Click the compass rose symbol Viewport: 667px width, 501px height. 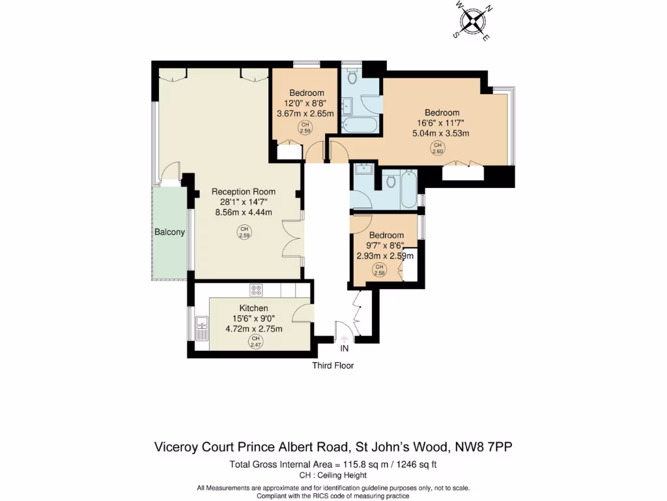(473, 21)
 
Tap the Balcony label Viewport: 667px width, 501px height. (169, 232)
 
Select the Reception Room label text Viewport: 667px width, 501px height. (244, 192)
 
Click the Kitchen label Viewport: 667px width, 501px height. (253, 308)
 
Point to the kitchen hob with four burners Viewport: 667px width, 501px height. (257, 290)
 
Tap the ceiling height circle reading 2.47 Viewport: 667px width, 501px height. (255, 342)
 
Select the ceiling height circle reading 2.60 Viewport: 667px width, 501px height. (437, 148)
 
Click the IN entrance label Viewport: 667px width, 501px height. (344, 348)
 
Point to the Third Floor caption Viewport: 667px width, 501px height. (333, 365)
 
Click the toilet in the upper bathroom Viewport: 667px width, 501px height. (352, 77)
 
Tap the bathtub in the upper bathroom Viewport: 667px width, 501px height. (359, 125)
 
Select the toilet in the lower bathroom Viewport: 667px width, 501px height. (391, 181)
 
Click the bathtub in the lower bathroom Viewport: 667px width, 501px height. (409, 189)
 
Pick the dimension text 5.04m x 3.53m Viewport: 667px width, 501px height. (441, 133)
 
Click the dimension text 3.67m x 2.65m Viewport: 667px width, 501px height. (305, 114)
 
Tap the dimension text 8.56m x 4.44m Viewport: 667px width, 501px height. (244, 212)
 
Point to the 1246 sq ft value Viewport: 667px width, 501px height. (416, 464)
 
